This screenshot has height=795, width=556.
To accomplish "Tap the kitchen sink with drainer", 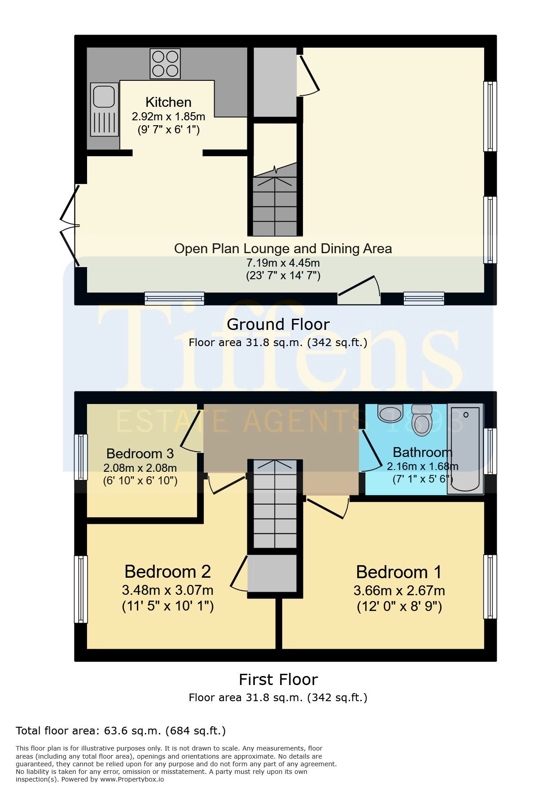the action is point(105,109).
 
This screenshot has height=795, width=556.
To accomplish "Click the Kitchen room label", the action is point(168,102).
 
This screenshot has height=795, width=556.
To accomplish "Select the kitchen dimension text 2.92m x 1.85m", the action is point(168,117).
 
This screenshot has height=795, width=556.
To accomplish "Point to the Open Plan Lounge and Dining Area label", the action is point(283,249).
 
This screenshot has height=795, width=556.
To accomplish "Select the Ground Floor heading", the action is point(278,324).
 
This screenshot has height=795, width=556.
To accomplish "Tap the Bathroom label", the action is point(422,452).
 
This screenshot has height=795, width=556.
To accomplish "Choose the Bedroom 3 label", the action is point(140,453).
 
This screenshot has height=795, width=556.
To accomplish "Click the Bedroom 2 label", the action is point(167,571).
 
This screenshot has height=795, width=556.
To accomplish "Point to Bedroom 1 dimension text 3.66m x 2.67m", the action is point(399,591).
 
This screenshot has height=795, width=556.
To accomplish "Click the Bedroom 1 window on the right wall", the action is point(490,587).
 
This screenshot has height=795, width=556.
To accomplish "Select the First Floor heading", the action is point(278,679).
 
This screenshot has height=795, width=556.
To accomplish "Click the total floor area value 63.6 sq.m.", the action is point(132,731).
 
